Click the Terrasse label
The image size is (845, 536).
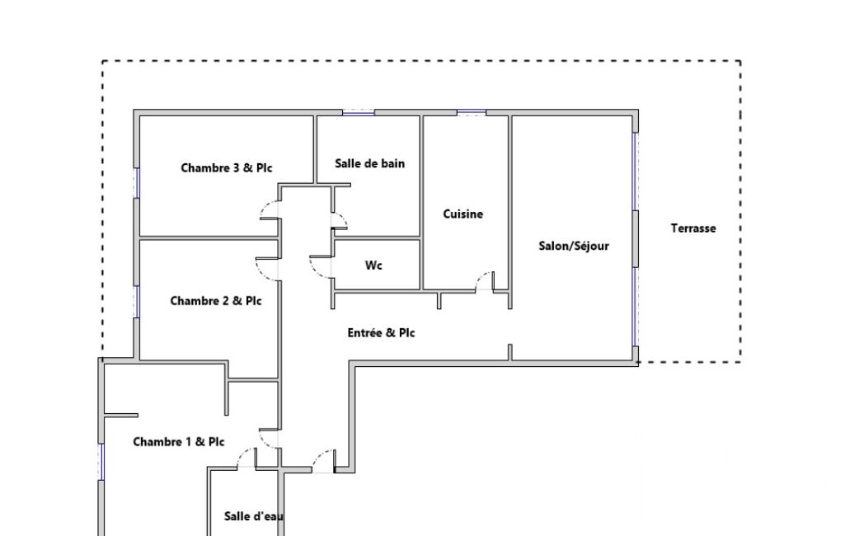click(x=693, y=228)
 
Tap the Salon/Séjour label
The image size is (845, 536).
click(x=574, y=246)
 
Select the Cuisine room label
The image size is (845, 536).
click(x=463, y=214)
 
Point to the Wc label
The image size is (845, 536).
click(x=373, y=266)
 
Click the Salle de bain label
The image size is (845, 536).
click(x=369, y=163)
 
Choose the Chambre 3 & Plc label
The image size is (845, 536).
click(x=227, y=167)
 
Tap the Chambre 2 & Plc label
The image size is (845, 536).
click(x=215, y=301)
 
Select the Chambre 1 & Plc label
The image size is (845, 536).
click(x=178, y=442)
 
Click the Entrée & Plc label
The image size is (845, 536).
click(x=381, y=333)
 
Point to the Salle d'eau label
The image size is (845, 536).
click(x=254, y=516)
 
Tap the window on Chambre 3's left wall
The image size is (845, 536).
click(x=137, y=183)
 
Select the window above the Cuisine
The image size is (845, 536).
click(x=472, y=113)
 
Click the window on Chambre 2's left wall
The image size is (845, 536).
click(x=137, y=302)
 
